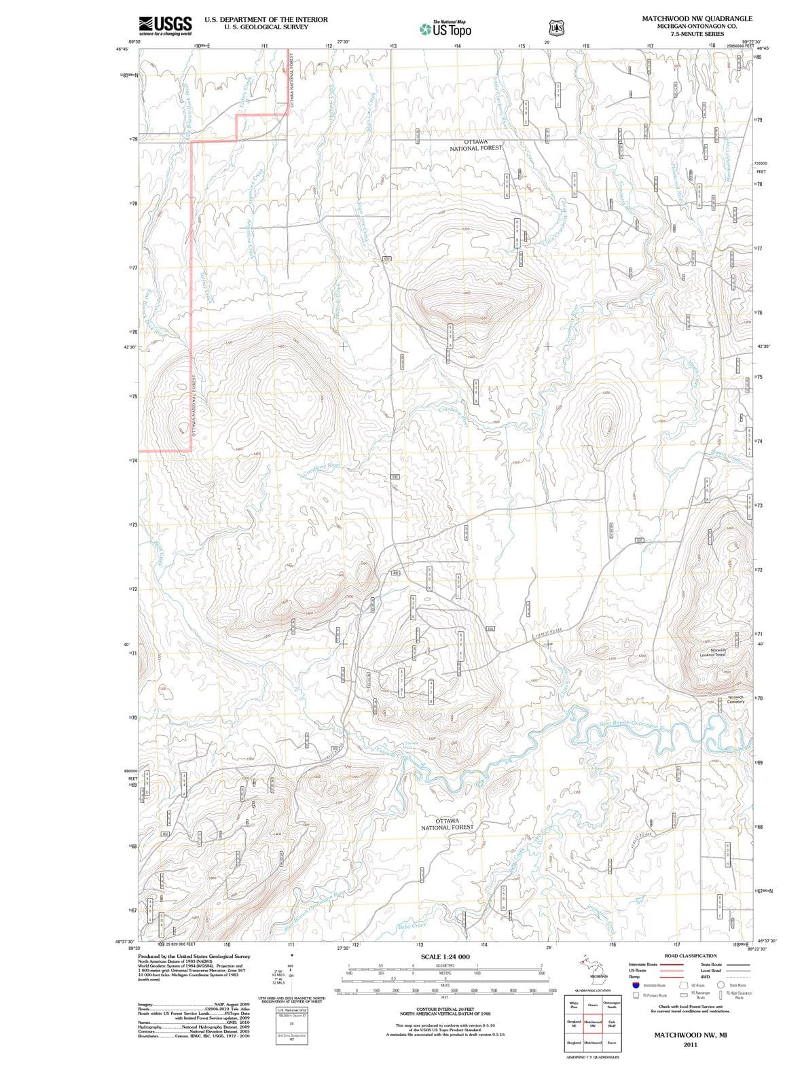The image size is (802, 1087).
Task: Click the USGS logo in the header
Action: [x=165, y=25]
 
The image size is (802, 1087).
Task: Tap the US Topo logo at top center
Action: [x=445, y=29]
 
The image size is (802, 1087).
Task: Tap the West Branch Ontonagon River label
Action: [x=634, y=726]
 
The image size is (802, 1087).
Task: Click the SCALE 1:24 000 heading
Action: [x=445, y=957]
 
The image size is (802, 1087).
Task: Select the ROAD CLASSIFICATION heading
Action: [x=691, y=955]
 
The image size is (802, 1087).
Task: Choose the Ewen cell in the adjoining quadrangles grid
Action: [x=612, y=1042]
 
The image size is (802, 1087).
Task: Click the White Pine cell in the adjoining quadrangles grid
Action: [x=574, y=1005]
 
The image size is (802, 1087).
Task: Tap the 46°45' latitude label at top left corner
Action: [x=122, y=49]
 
